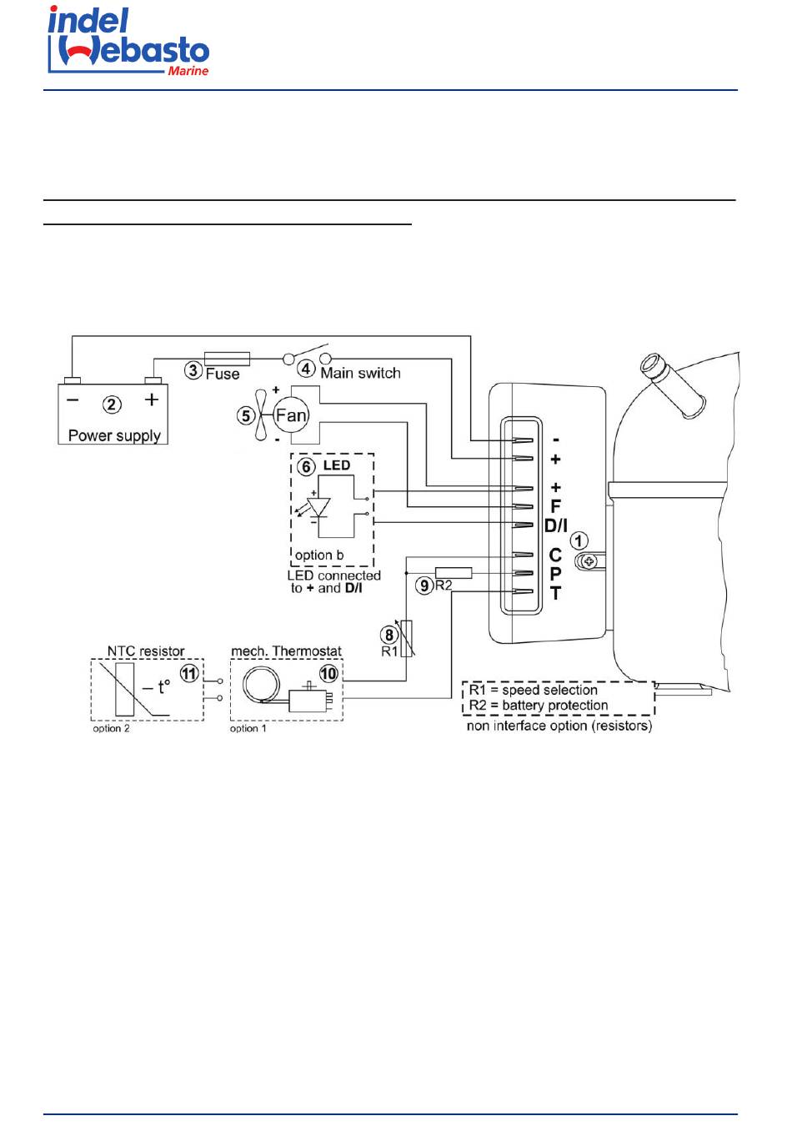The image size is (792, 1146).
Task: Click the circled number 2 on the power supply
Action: pyautogui.click(x=112, y=405)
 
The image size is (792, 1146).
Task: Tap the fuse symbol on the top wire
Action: pyautogui.click(x=227, y=359)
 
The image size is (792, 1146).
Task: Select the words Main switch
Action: pyautogui.click(x=360, y=374)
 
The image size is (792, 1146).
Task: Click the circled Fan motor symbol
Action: pyautogui.click(x=291, y=415)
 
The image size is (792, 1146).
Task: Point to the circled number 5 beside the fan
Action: pyautogui.click(x=246, y=415)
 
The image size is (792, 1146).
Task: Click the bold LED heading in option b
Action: pyautogui.click(x=337, y=465)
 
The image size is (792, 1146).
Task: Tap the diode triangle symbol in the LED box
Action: pyautogui.click(x=318, y=506)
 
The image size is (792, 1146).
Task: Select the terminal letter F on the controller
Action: pyautogui.click(x=555, y=506)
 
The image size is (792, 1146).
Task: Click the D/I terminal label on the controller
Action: pyautogui.click(x=555, y=525)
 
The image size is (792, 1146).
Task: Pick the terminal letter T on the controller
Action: pyautogui.click(x=555, y=594)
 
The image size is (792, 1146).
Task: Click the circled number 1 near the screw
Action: pyautogui.click(x=579, y=540)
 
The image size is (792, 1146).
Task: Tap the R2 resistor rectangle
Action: pyautogui.click(x=454, y=573)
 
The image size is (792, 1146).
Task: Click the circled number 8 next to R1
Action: pyautogui.click(x=388, y=635)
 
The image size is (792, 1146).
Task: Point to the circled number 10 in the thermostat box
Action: pyautogui.click(x=328, y=673)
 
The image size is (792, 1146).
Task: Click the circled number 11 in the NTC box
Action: pyautogui.click(x=190, y=673)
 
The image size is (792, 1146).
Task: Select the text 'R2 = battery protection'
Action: pyautogui.click(x=539, y=706)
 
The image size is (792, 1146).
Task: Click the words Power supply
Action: pyautogui.click(x=114, y=435)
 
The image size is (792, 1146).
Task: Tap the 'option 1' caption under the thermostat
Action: pyautogui.click(x=248, y=729)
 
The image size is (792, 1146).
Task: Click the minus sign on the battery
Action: pyautogui.click(x=73, y=400)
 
